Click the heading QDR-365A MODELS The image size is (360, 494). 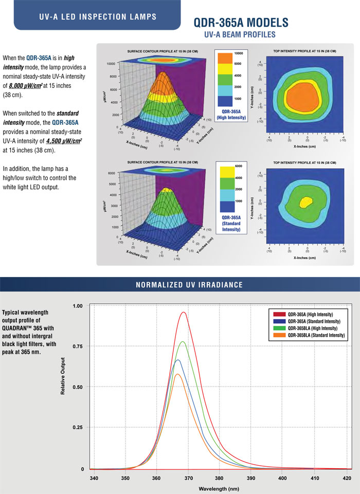240,23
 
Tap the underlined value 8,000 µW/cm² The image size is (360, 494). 31,86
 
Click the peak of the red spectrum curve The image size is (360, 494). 183,312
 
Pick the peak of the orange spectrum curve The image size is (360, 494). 177,374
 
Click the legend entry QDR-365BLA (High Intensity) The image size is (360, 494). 312,328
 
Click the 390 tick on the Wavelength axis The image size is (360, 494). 250,478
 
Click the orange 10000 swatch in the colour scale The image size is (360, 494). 232,58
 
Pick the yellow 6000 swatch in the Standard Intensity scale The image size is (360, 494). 230,172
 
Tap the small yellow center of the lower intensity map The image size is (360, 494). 306,201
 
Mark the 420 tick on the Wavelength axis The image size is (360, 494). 344,478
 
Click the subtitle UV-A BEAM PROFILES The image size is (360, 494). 240,35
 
